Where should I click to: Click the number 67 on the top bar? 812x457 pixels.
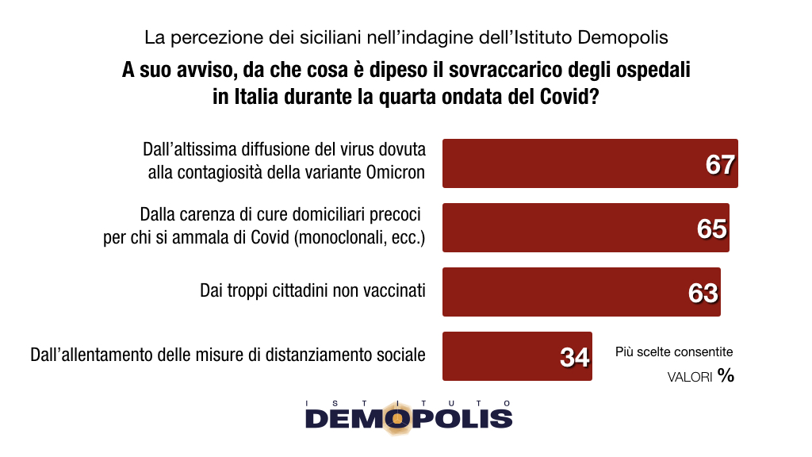click(721, 164)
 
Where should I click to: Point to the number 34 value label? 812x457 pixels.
click(575, 358)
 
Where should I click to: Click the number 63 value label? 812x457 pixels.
click(703, 294)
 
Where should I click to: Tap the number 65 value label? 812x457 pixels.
click(712, 229)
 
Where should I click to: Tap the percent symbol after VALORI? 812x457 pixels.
click(726, 376)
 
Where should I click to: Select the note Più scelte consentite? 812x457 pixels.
click(674, 351)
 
